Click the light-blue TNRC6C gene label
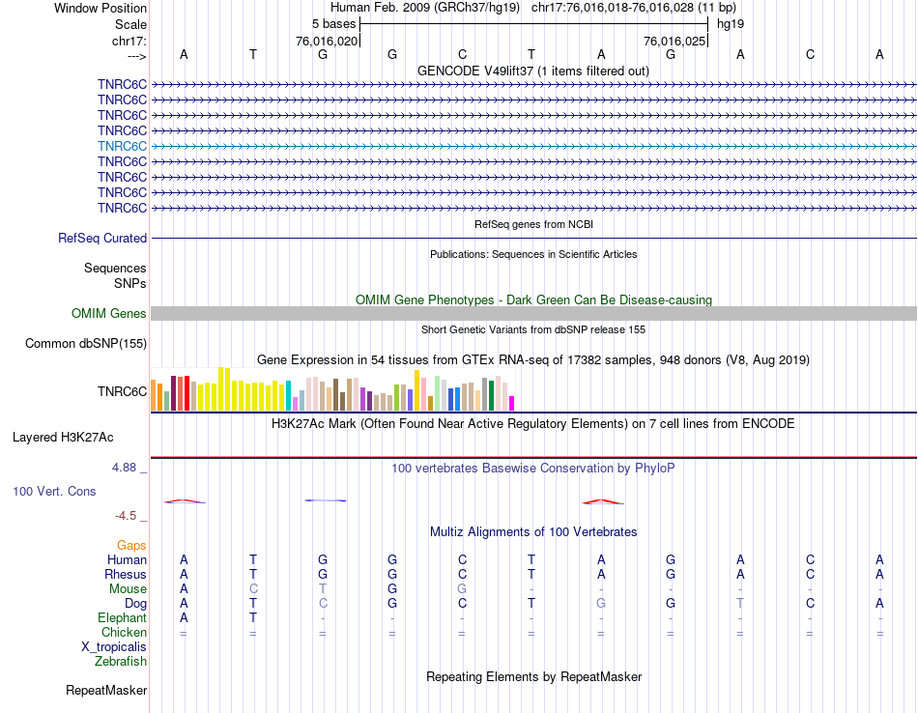[x=122, y=146]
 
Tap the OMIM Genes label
[x=109, y=313]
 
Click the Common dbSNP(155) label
[x=86, y=343]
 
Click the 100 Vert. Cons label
[x=54, y=492]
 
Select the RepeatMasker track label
[x=106, y=691]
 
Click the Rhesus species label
[x=125, y=575]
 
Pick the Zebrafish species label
[x=121, y=662]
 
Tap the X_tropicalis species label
[x=114, y=647]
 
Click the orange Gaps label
[x=131, y=546]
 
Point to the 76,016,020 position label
[x=327, y=42]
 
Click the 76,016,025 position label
[x=674, y=42]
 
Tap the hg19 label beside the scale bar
[x=730, y=23]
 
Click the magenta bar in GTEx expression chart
[x=512, y=403]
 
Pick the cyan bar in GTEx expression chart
[x=288, y=395]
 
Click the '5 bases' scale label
[x=333, y=23]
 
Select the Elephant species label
[x=122, y=618]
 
